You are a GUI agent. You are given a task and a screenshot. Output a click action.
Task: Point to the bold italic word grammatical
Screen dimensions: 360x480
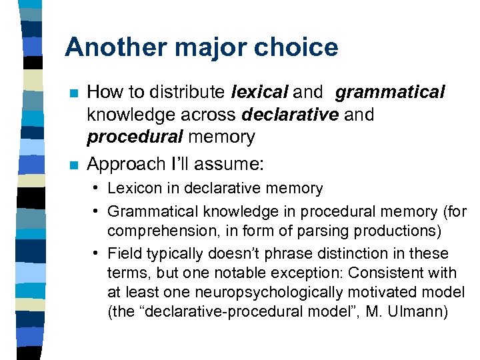(x=390, y=91)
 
